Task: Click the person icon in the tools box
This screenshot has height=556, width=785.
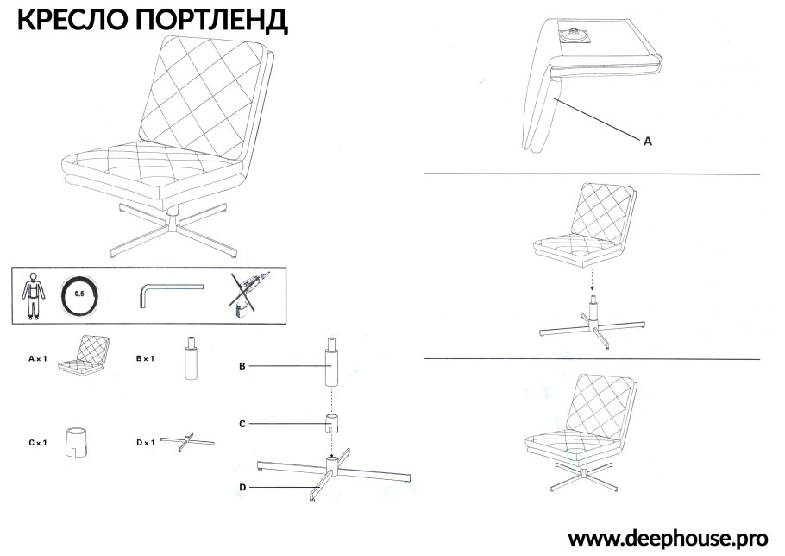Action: pyautogui.click(x=33, y=294)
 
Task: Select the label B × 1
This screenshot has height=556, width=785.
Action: pyautogui.click(x=144, y=357)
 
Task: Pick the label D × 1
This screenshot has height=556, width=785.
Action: pyautogui.click(x=145, y=442)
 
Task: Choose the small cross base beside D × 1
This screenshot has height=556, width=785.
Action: pyautogui.click(x=186, y=442)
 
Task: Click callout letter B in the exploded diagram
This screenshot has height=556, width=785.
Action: pyautogui.click(x=243, y=366)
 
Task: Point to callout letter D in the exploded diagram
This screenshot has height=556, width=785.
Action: pyautogui.click(x=243, y=488)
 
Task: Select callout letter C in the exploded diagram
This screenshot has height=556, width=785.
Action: pyautogui.click(x=243, y=424)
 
